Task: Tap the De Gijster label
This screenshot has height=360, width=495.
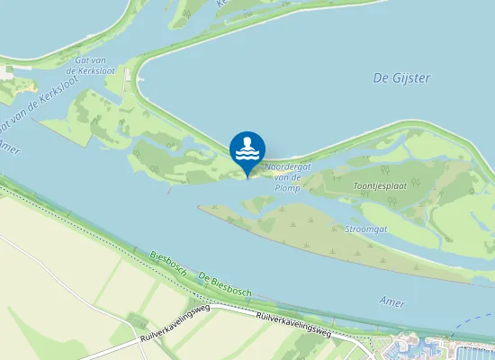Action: [x=401, y=78]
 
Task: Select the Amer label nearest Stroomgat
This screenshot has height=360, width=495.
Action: [x=392, y=301]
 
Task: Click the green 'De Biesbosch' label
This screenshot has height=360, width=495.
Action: [x=225, y=285]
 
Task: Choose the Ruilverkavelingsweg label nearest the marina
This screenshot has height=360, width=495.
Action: [x=293, y=326]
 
